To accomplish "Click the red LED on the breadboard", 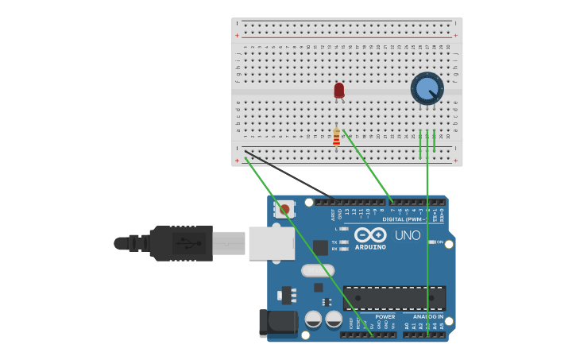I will pos(339,90).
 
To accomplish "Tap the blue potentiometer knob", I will pos(427,88).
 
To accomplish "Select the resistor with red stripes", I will pos(336,138).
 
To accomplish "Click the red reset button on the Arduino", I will pos(284,210).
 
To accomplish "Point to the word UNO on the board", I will pos(408,235).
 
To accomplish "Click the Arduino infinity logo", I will pos(370,235).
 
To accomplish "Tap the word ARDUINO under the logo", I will pos(370,247).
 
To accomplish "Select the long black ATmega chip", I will pos(394,298).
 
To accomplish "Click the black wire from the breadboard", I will pos(290,174).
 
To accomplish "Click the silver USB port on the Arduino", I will pos(271,243).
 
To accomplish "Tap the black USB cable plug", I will pos(182,242).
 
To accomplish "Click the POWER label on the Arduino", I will pos(385,316).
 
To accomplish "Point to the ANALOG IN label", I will pos(427,316).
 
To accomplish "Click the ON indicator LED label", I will pos(439,242).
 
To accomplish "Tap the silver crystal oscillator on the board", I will pos(318,270).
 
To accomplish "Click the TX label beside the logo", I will pos(334,242).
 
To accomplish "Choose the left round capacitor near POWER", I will pos(313,319).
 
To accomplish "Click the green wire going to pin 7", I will pos(367,167).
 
